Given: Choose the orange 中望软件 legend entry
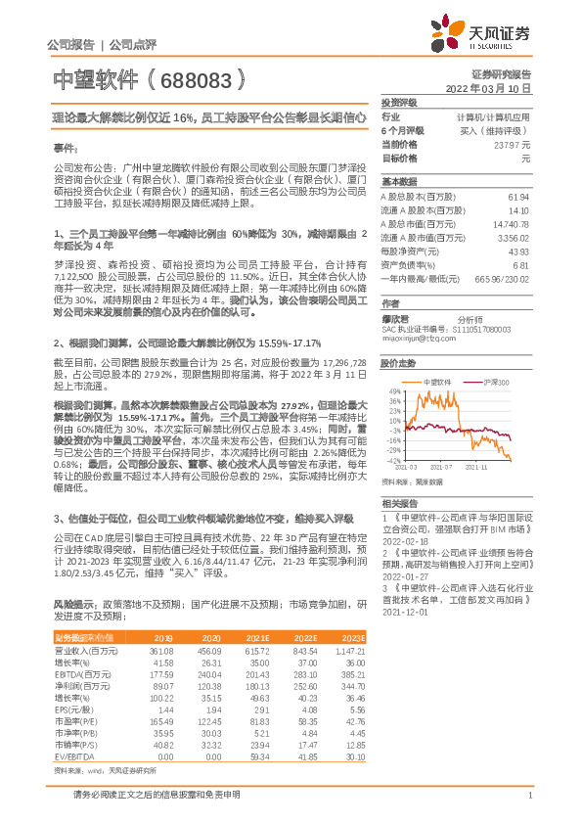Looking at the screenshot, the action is coord(436,354).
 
